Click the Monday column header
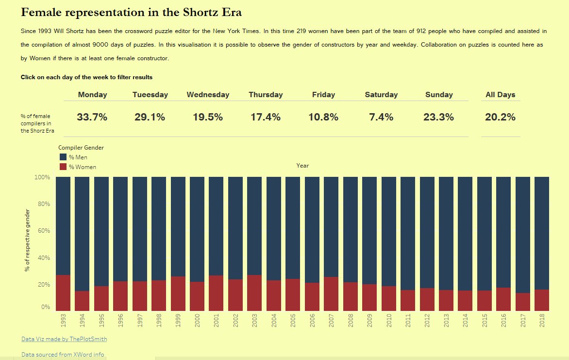click(92, 95)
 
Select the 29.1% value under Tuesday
click(150, 117)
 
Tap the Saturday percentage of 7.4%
click(381, 117)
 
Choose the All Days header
click(501, 95)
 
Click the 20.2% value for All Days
click(501, 117)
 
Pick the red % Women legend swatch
click(63, 167)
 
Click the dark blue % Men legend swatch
click(63, 157)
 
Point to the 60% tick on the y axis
click(43, 231)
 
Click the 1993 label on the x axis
click(64, 321)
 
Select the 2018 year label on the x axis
click(542, 321)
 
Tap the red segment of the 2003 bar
click(254, 293)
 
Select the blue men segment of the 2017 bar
click(522, 233)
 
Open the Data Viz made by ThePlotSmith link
click(64, 339)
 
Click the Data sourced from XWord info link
click(63, 355)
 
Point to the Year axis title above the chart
click(302, 166)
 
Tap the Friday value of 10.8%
click(323, 117)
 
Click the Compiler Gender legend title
click(81, 147)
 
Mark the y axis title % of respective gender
click(28, 240)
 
